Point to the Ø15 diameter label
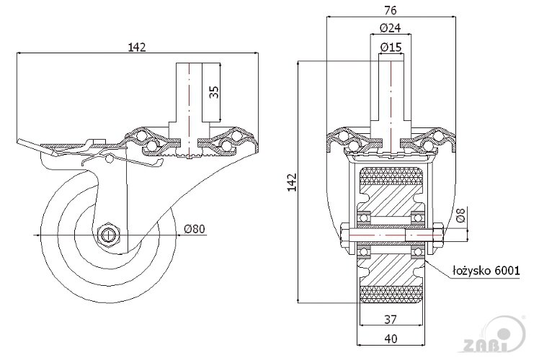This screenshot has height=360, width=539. tap(390, 48)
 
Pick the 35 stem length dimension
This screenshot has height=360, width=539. tap(213, 91)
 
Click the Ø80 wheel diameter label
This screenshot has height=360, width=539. tap(195, 229)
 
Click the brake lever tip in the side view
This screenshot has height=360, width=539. tap(22, 146)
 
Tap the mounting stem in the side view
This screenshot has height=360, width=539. tap(189, 97)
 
